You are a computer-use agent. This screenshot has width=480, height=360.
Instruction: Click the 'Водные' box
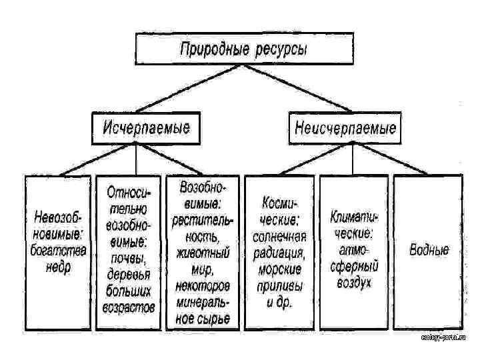tap(429, 250)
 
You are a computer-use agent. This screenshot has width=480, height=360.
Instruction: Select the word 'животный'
tap(203, 253)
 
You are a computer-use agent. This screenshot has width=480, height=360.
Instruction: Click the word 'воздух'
tap(354, 282)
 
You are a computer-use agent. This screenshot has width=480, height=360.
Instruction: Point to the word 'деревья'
tap(129, 273)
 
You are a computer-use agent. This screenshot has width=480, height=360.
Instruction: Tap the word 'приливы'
tap(279, 285)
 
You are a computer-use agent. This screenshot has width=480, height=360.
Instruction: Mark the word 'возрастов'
tap(129, 307)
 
